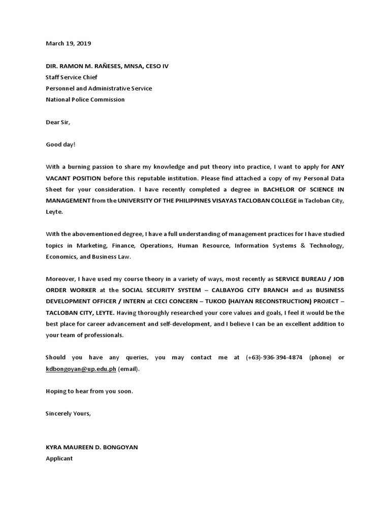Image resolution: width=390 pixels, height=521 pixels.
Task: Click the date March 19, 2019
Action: (69, 44)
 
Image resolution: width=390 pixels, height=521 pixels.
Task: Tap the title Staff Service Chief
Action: (72, 77)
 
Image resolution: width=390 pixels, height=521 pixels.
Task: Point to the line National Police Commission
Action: (85, 100)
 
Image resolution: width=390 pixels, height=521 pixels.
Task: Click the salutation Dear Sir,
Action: (58, 122)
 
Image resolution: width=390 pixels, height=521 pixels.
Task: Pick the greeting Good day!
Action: (60, 144)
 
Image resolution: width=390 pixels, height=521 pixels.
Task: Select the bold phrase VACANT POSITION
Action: (73, 178)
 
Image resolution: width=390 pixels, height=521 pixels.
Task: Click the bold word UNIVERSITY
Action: (140, 200)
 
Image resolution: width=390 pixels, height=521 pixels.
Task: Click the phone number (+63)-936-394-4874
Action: (274, 357)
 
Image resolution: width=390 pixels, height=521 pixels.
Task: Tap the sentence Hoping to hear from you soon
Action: (89, 391)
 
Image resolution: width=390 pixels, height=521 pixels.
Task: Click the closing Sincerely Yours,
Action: (69, 413)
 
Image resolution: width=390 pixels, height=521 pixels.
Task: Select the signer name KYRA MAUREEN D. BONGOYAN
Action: (92, 447)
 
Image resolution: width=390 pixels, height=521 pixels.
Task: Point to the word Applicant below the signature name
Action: (59, 458)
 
